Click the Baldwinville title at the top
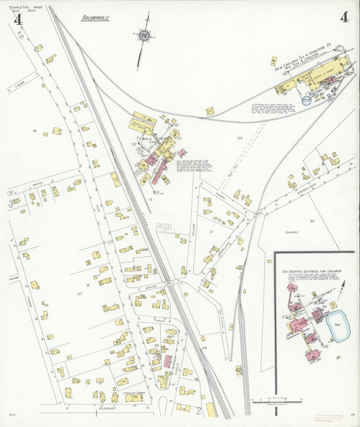94,18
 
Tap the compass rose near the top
144,35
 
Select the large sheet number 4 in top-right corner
344,18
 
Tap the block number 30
312,221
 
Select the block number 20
239,138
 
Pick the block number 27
80,293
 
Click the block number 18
34,130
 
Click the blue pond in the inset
336,328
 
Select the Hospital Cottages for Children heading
311,270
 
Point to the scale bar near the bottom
277,402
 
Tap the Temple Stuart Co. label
151,139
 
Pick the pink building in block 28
167,361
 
